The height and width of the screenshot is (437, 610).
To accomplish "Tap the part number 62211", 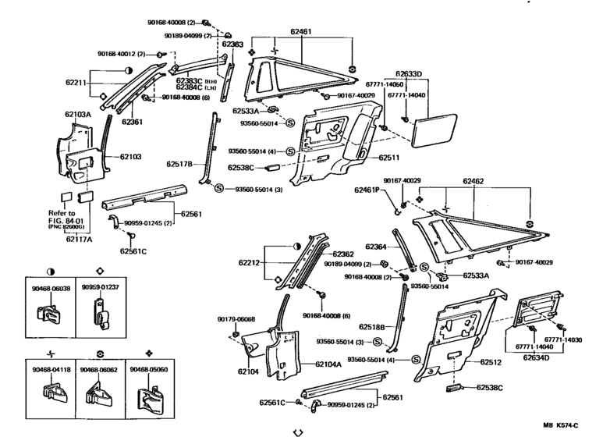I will [75, 82].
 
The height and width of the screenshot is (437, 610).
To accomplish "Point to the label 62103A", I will [77, 115].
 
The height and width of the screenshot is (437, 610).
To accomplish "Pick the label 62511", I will [389, 158].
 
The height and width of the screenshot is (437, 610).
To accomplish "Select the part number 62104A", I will [328, 364].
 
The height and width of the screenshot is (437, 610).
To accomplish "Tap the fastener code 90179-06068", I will [236, 319].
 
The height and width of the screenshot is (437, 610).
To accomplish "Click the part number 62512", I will [491, 362].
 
